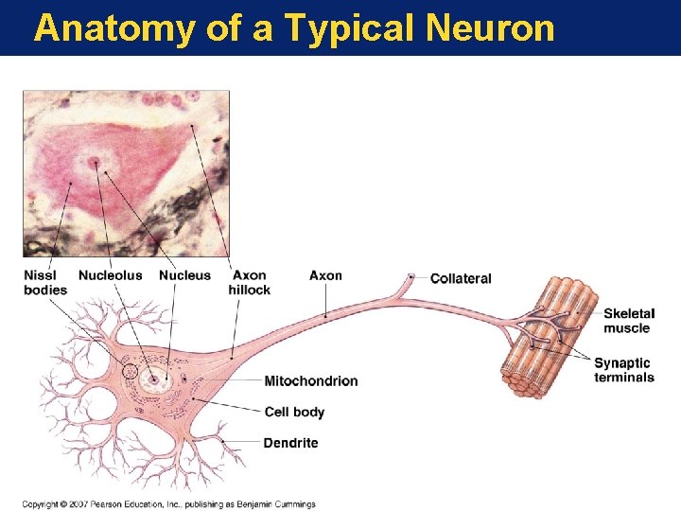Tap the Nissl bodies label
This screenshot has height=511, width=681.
coord(45,283)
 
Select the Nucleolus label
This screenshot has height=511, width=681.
coord(111,275)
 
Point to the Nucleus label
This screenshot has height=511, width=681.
coord(185,275)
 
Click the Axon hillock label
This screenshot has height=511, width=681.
coord(250,283)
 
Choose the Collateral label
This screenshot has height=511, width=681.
coord(461,278)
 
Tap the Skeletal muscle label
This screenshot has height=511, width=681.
coord(628,321)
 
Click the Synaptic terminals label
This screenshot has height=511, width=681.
coord(623,370)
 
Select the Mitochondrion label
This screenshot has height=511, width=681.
coord(310,381)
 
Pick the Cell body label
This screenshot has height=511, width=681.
coord(294,412)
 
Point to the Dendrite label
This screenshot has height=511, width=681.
coord(290,443)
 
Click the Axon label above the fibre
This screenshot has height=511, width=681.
coord(325,275)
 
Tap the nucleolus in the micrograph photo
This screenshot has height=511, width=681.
coord(94,164)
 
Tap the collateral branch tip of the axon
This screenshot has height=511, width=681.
coord(411,276)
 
